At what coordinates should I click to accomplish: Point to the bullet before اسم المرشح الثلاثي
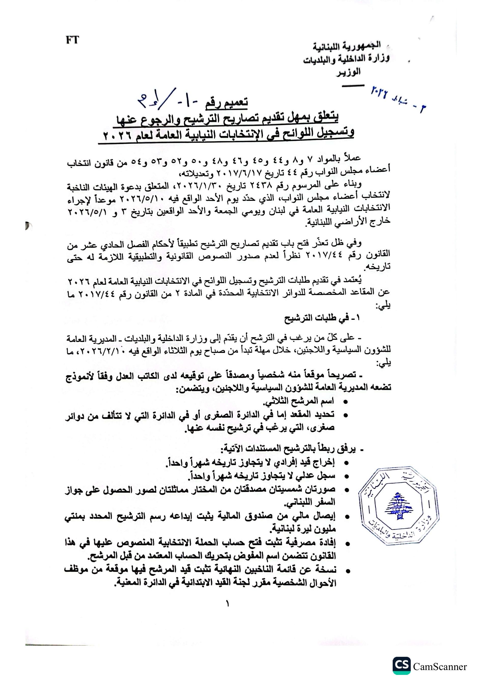345,402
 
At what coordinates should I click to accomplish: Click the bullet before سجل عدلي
345,476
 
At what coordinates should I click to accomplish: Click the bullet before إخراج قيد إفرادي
345,463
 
